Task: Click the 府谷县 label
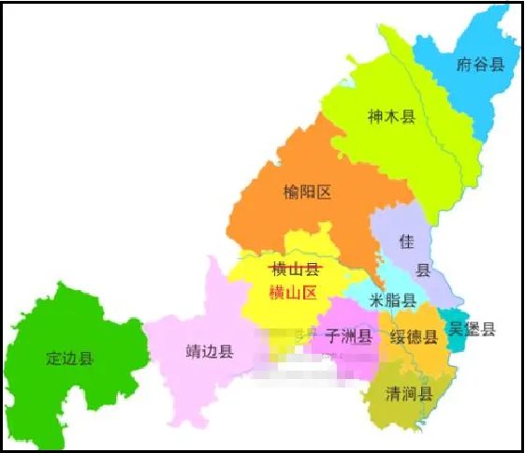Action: (480, 65)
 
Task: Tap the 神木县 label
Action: (390, 117)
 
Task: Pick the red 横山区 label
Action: (294, 292)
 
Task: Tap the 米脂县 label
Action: (394, 300)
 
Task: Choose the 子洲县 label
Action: (348, 335)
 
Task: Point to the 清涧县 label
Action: (408, 393)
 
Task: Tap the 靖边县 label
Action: (210, 353)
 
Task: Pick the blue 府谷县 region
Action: (468, 94)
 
